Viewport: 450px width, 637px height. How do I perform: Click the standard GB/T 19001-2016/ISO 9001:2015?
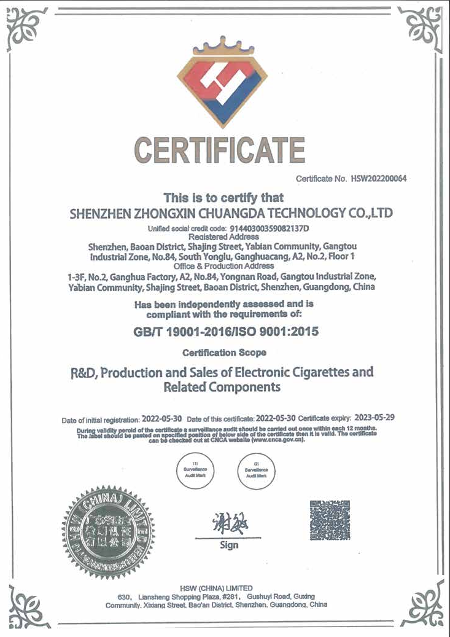(x=226, y=332)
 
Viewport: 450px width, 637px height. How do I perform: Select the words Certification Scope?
(x=225, y=353)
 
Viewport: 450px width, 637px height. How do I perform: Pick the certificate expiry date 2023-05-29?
(x=374, y=417)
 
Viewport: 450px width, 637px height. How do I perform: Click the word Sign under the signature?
(x=229, y=545)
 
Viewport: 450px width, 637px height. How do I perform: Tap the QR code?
(x=330, y=520)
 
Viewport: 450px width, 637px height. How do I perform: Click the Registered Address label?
(x=224, y=236)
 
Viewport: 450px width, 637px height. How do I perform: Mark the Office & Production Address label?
(x=224, y=266)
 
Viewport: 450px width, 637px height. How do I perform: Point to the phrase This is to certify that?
(x=223, y=198)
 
